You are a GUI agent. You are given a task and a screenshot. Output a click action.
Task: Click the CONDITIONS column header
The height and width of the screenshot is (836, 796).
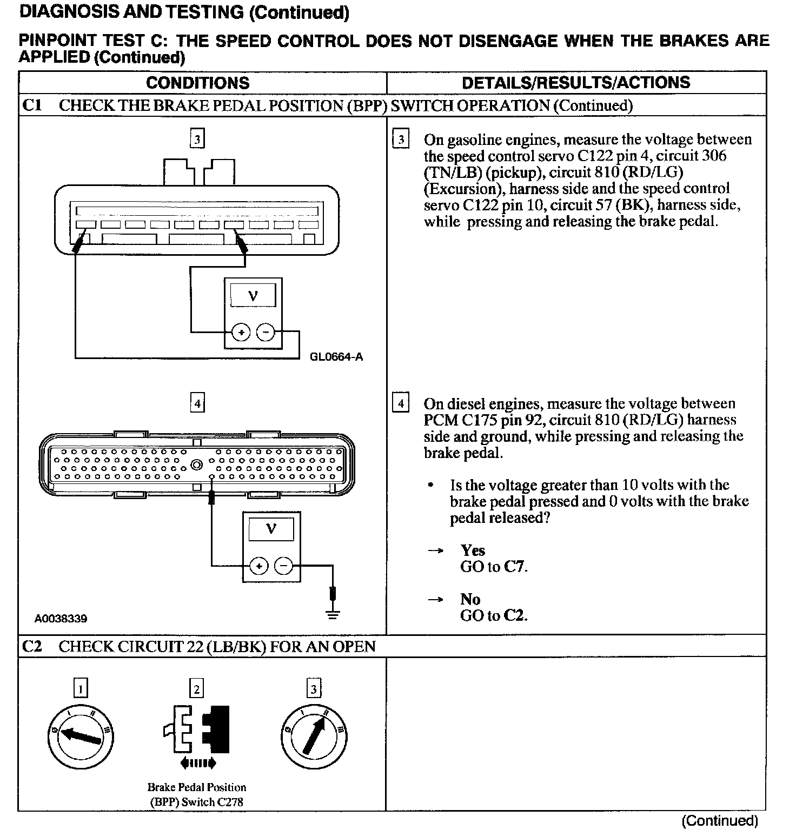click(197, 83)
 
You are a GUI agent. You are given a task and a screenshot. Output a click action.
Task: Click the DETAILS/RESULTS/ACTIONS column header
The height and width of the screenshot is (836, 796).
click(576, 83)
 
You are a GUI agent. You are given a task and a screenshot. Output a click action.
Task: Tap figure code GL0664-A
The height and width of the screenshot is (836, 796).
click(336, 357)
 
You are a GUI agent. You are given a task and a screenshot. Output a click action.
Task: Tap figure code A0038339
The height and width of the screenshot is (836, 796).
click(61, 619)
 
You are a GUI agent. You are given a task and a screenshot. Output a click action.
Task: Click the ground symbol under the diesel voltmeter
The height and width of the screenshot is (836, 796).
click(333, 614)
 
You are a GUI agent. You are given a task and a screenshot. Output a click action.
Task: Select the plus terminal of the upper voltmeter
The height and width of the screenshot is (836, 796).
click(241, 332)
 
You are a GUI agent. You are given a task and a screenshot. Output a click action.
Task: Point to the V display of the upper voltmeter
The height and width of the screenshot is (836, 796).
click(253, 296)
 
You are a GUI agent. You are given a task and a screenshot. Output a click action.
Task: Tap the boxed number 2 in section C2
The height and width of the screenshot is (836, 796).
click(197, 689)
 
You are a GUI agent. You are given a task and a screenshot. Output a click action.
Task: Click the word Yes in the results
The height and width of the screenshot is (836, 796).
click(473, 550)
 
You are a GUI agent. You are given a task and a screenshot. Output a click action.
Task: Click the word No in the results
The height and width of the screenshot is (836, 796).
click(470, 599)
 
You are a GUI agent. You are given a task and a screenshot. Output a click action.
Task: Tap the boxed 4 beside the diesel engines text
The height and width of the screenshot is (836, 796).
click(401, 403)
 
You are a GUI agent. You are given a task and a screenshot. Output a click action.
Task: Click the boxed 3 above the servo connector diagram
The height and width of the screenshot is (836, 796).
click(197, 140)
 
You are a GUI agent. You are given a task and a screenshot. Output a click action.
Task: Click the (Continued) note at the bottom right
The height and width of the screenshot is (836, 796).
click(720, 821)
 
